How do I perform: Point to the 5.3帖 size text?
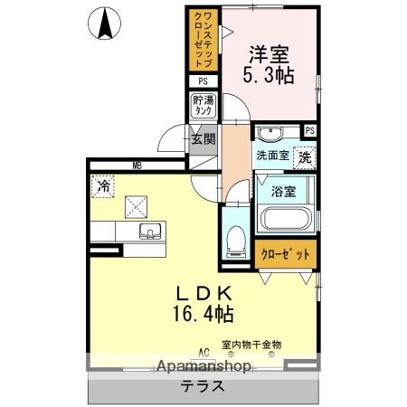point(269,76)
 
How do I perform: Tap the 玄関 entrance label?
point(203,139)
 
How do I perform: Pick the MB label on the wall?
point(137,166)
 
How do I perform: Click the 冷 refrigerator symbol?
point(103,186)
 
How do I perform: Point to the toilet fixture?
point(236,240)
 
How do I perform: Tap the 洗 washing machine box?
point(307,156)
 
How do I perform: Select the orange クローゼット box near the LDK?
point(286,255)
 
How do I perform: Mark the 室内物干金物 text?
point(251,345)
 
